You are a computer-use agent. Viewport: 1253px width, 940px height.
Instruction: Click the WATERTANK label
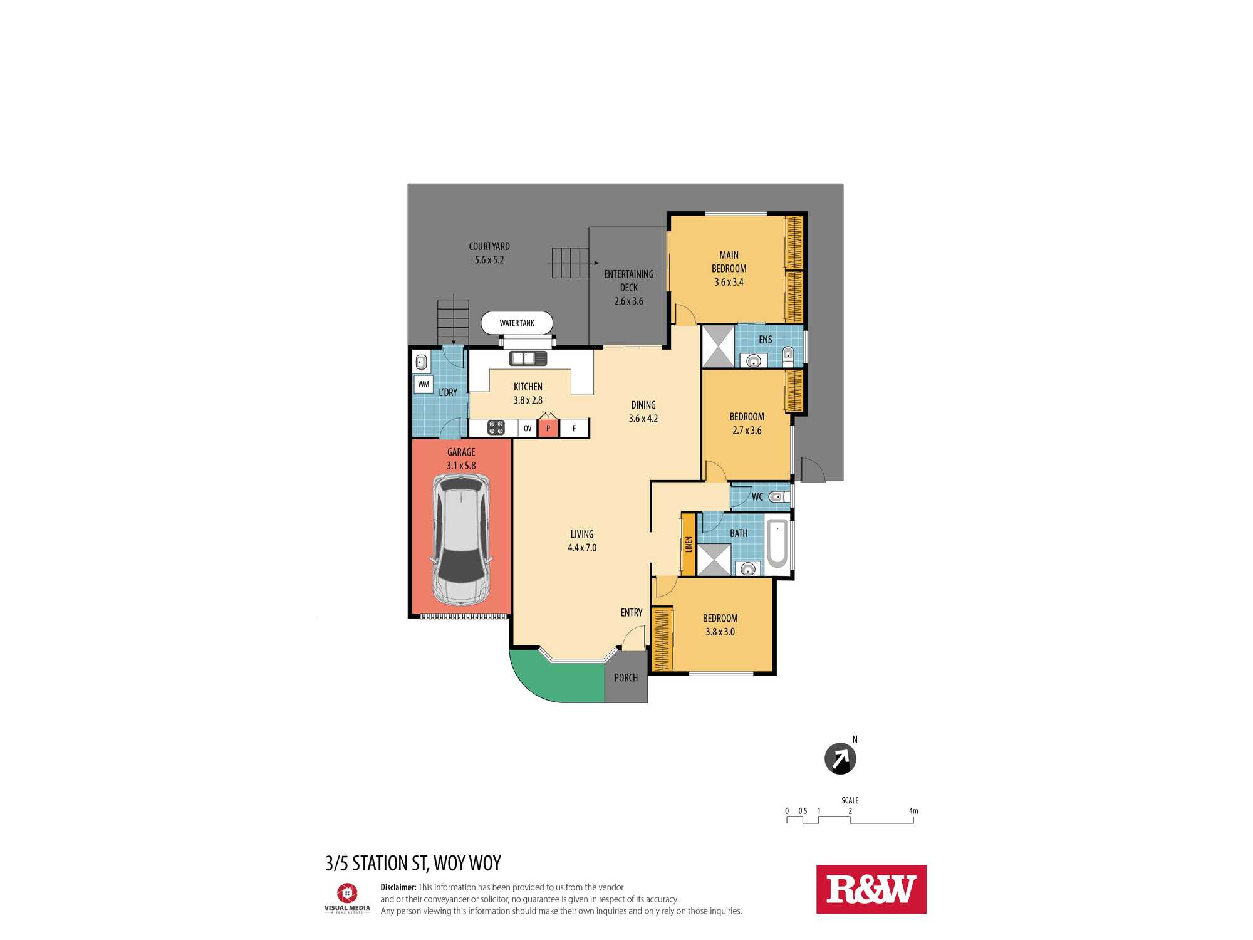click(x=517, y=323)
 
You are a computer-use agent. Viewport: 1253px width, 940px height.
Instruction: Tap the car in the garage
click(x=461, y=540)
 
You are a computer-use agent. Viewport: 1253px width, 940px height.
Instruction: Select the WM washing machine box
click(x=424, y=384)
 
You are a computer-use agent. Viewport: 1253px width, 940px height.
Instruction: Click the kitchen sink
click(x=528, y=358)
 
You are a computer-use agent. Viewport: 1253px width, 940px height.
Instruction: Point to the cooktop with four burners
click(x=496, y=427)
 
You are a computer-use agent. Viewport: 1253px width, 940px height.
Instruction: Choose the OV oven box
click(x=528, y=429)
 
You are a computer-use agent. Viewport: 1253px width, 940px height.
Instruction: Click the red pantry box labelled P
click(x=548, y=428)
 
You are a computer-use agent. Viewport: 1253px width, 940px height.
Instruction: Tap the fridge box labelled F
click(x=574, y=428)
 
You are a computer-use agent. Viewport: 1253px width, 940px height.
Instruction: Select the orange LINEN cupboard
click(x=689, y=544)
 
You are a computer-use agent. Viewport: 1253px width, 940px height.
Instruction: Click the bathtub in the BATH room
click(x=777, y=543)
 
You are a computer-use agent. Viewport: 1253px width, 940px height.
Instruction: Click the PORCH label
click(x=626, y=678)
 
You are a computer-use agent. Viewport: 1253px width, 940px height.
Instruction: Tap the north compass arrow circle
click(x=840, y=759)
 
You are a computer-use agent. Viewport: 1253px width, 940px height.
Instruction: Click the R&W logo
click(x=871, y=889)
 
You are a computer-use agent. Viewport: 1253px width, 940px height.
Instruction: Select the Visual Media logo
click(x=347, y=898)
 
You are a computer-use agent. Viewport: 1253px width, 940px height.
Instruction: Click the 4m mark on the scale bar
click(x=913, y=811)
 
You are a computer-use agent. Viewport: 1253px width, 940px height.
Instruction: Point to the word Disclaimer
click(x=398, y=887)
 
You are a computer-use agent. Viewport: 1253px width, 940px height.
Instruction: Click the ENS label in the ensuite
click(x=766, y=340)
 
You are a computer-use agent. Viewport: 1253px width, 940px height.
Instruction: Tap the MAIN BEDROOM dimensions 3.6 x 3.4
click(x=729, y=282)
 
